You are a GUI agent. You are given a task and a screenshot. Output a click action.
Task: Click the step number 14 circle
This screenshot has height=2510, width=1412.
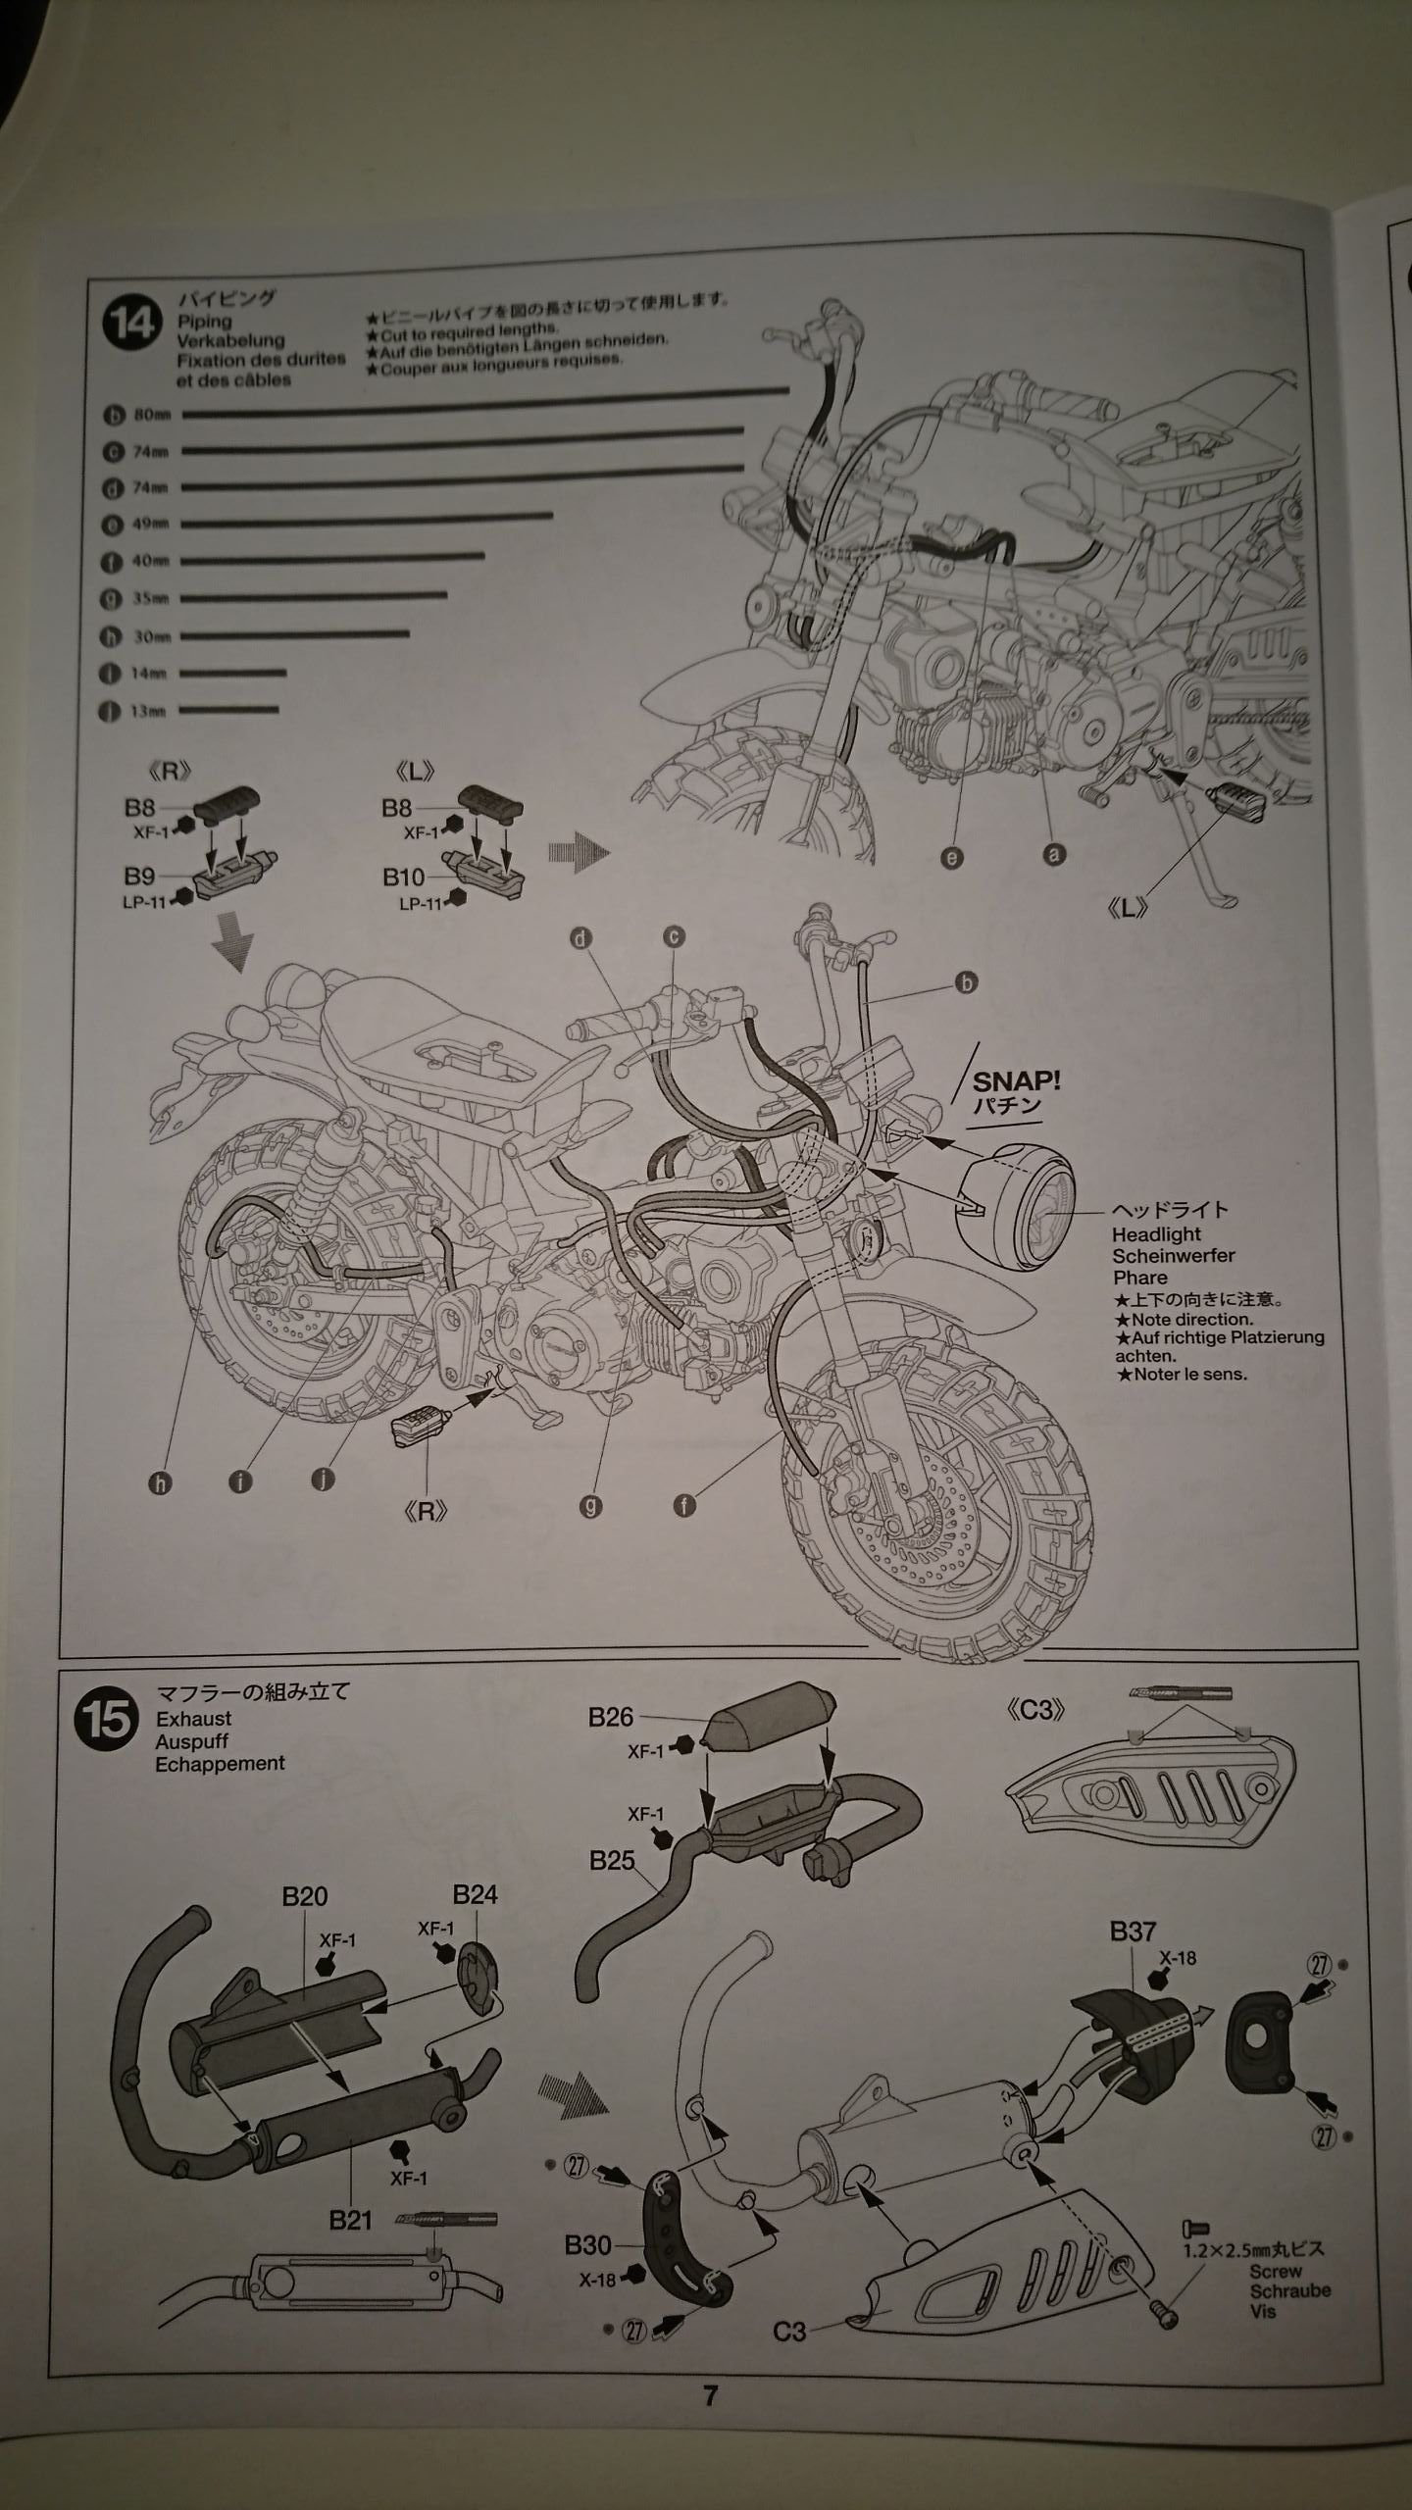(x=130, y=323)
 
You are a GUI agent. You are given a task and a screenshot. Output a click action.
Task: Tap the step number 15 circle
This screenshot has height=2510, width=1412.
(x=106, y=1721)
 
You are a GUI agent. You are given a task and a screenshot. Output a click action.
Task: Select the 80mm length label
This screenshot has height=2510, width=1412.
(x=152, y=415)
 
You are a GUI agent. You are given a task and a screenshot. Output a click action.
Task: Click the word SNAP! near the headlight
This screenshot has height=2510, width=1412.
(x=1017, y=1081)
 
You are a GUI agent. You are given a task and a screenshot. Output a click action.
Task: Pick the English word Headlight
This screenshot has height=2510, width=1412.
(x=1156, y=1234)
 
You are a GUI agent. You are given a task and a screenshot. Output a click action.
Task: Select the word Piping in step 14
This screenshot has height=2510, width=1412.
(x=204, y=321)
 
